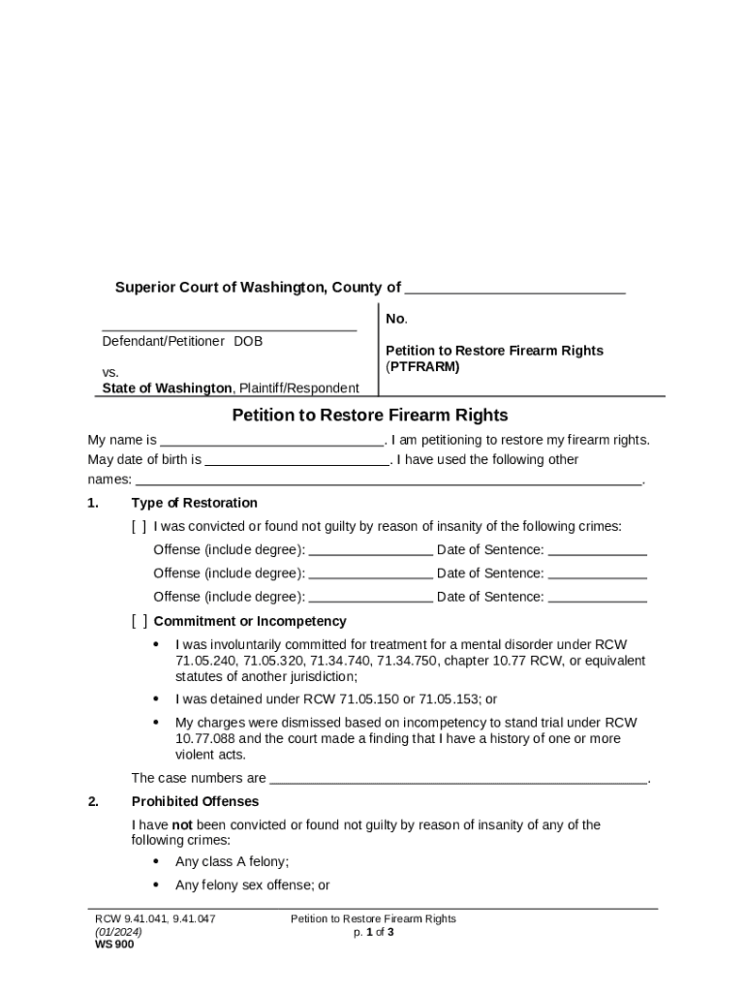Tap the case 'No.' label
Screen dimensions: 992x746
coord(396,319)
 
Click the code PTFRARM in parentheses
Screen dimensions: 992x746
coord(423,367)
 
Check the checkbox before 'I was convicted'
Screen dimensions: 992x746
coord(140,527)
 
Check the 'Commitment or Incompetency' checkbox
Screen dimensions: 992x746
coord(140,622)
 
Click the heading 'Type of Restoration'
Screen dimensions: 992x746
coord(194,503)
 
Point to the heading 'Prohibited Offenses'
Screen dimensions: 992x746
coord(195,801)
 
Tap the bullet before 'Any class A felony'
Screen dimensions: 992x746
coord(158,861)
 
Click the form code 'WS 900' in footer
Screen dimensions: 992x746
coord(114,945)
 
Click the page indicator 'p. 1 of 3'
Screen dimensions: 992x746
coord(373,932)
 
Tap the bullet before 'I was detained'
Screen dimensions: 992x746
coord(158,698)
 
